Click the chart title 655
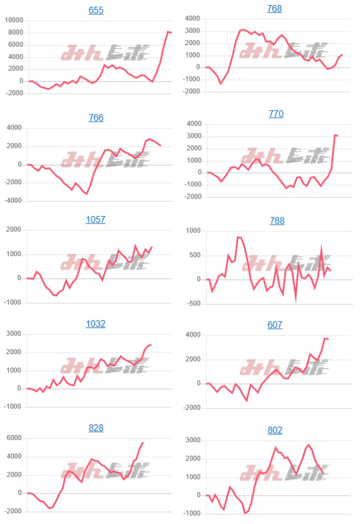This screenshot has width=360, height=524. pyautogui.click(x=96, y=10)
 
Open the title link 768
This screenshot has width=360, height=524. pyautogui.click(x=275, y=8)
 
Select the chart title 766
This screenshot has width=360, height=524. pyautogui.click(x=96, y=118)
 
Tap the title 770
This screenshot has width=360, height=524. pyautogui.click(x=276, y=114)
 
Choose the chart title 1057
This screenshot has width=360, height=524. pyautogui.click(x=96, y=220)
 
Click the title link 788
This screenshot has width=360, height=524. pyautogui.click(x=276, y=221)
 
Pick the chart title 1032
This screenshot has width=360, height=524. pyautogui.click(x=96, y=324)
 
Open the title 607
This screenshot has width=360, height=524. pyautogui.click(x=276, y=325)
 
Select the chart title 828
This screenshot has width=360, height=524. pyautogui.click(x=96, y=428)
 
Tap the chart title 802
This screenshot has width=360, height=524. pyautogui.click(x=275, y=430)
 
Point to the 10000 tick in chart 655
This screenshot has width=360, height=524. pyautogui.click(x=13, y=20)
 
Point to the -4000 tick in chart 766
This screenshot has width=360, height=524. pyautogui.click(x=13, y=200)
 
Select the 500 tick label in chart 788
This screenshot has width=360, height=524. pyautogui.click(x=196, y=255)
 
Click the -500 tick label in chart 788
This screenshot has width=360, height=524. pyautogui.click(x=194, y=304)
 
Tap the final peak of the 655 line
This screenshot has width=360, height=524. pyautogui.click(x=168, y=32)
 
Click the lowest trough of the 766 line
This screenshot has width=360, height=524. pyautogui.click(x=87, y=194)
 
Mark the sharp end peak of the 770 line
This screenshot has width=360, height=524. pyautogui.click(x=335, y=135)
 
